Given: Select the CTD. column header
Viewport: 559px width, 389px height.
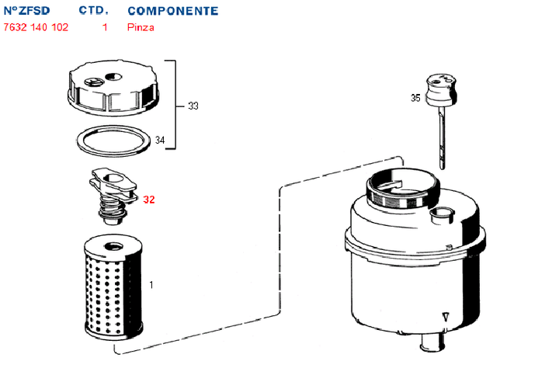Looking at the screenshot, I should pyautogui.click(x=93, y=11).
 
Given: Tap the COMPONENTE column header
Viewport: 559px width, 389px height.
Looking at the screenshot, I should pyautogui.click(x=172, y=11).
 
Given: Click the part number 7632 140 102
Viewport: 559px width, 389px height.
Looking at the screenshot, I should pyautogui.click(x=36, y=27).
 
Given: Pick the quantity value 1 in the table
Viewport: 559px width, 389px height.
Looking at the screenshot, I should pyautogui.click(x=105, y=27).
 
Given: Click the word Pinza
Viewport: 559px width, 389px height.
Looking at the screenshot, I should pyautogui.click(x=141, y=27).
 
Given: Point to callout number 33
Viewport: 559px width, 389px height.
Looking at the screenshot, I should pyautogui.click(x=193, y=106).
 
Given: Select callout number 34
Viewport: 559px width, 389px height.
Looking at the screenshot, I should pyautogui.click(x=160, y=141).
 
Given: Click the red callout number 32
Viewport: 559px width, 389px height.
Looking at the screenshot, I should pyautogui.click(x=149, y=200).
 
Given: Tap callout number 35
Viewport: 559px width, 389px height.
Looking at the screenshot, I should pyautogui.click(x=415, y=98).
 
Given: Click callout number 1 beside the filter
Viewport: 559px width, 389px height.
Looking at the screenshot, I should pyautogui.click(x=151, y=285).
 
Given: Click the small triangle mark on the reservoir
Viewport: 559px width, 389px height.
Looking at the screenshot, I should pyautogui.click(x=445, y=317).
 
